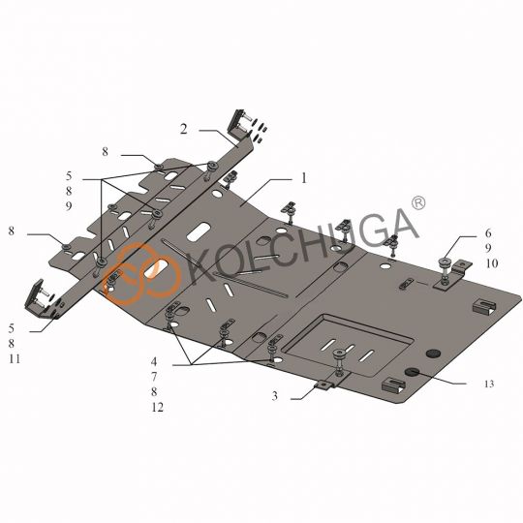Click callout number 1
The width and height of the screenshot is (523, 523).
[x=303, y=178]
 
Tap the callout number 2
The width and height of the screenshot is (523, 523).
[x=181, y=128]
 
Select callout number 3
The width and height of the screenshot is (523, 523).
[x=275, y=396]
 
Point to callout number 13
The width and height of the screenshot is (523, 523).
[x=489, y=385]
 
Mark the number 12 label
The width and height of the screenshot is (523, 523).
[x=157, y=408]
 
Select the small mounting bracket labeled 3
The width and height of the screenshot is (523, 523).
[x=322, y=389]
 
